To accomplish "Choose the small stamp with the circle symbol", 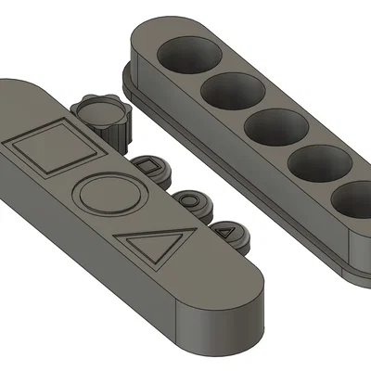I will click(x=189, y=198).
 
